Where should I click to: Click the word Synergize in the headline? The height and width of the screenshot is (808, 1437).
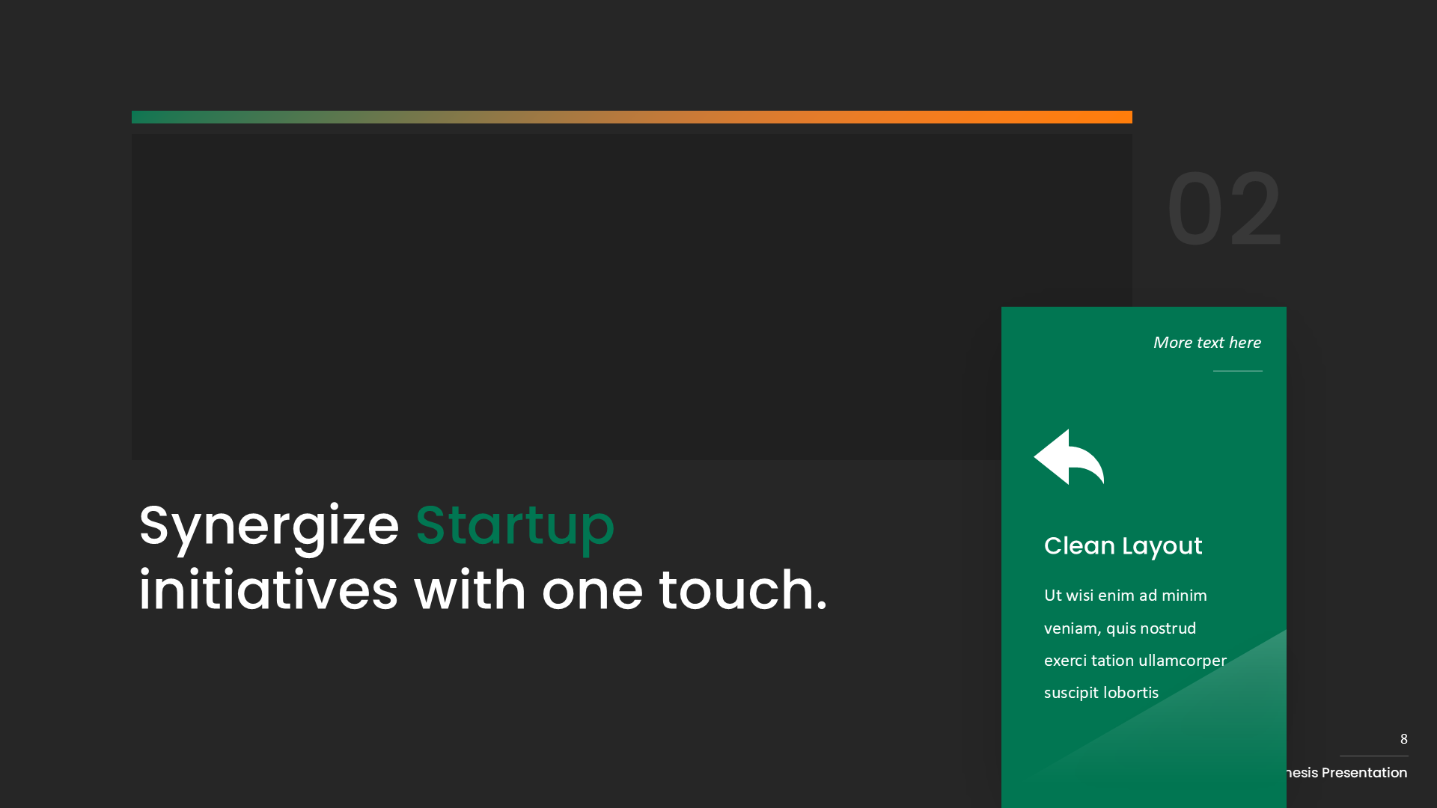(x=269, y=526)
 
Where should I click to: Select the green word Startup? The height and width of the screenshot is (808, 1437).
(x=515, y=526)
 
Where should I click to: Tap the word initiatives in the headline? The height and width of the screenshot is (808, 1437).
(x=268, y=590)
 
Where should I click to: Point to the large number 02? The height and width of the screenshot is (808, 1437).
(x=1224, y=210)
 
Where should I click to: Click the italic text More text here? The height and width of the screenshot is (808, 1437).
(x=1206, y=343)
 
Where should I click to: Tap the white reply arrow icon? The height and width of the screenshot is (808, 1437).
(x=1069, y=457)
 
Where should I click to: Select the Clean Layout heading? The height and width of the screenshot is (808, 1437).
(x=1123, y=546)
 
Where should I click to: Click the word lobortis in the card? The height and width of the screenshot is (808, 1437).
(x=1130, y=694)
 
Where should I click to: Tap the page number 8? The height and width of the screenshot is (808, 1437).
(x=1403, y=739)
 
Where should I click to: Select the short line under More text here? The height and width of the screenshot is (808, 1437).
(x=1237, y=371)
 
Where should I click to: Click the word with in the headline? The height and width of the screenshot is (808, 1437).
(x=470, y=590)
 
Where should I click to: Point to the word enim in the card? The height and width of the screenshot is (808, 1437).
(x=1116, y=596)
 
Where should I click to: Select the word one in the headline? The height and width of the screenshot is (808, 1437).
(x=592, y=590)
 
